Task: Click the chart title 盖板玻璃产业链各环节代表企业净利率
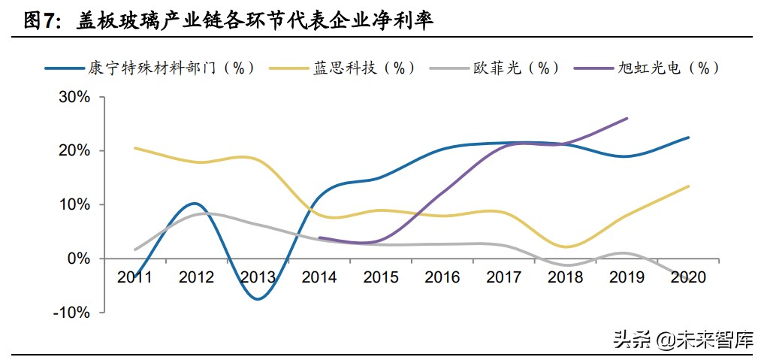[255, 21]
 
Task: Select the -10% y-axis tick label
[72, 312]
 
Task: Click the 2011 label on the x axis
[134, 277]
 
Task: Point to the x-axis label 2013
[258, 277]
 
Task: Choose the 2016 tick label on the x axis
[442, 277]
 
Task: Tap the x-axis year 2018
[566, 277]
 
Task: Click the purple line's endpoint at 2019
[627, 118]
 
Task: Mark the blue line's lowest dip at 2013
[258, 299]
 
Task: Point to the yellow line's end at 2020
[689, 186]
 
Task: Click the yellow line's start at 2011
[134, 148]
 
